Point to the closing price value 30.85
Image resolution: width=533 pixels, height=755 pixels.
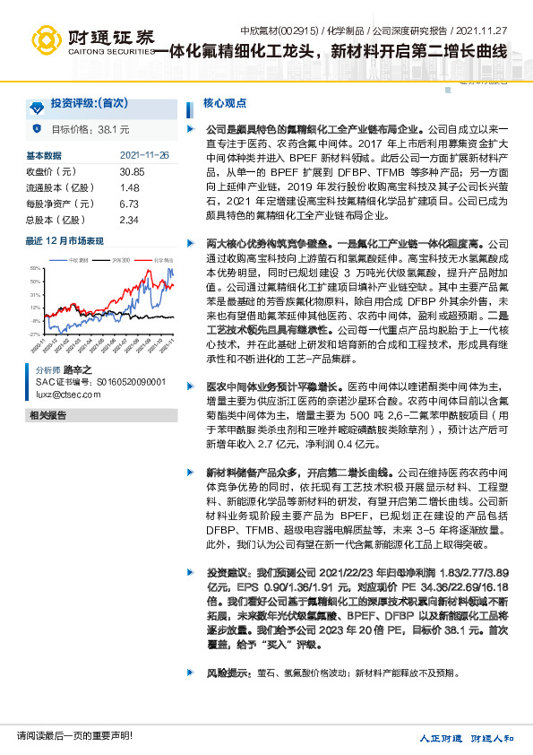tap(132, 171)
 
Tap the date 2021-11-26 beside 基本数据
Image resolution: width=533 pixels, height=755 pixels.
tap(144, 155)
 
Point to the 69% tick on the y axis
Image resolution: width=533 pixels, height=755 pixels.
tap(35, 269)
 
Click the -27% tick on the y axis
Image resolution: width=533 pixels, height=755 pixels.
tap(35, 333)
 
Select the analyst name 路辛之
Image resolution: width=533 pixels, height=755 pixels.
tap(77, 369)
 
